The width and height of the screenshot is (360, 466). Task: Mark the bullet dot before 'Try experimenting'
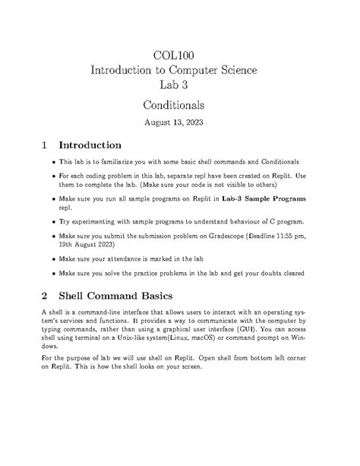[52, 222]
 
